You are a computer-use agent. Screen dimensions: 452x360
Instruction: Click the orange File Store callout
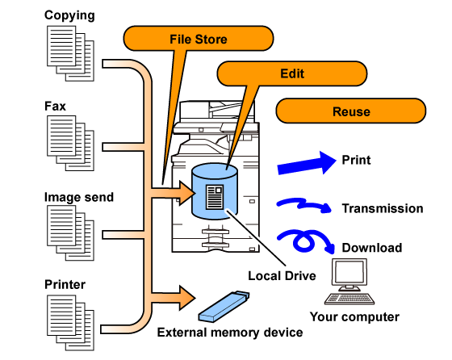point(199,38)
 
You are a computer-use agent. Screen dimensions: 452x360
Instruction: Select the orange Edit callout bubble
point(292,73)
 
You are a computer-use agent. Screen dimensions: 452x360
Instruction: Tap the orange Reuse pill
point(351,111)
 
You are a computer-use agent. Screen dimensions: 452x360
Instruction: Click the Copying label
point(69,15)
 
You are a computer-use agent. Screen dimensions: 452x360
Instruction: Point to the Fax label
point(55,106)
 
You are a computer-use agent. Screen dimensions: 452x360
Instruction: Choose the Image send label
point(79,197)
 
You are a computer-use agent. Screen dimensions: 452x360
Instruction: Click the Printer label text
point(65,284)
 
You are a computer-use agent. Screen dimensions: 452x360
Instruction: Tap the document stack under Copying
point(71,53)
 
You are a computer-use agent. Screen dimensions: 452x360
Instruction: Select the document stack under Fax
point(71,143)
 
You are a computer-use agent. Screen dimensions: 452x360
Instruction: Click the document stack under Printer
point(71,323)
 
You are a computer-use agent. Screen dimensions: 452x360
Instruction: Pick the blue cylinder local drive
point(215,191)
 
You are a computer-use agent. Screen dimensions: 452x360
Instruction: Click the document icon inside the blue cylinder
point(215,197)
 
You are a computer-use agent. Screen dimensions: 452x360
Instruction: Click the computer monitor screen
point(349,273)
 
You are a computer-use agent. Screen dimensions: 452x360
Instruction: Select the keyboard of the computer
point(349,299)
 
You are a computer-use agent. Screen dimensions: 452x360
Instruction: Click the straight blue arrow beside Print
point(307,164)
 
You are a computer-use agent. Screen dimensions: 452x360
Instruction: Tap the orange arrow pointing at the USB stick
point(174,298)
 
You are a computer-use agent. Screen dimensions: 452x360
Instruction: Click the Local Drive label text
point(282,276)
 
